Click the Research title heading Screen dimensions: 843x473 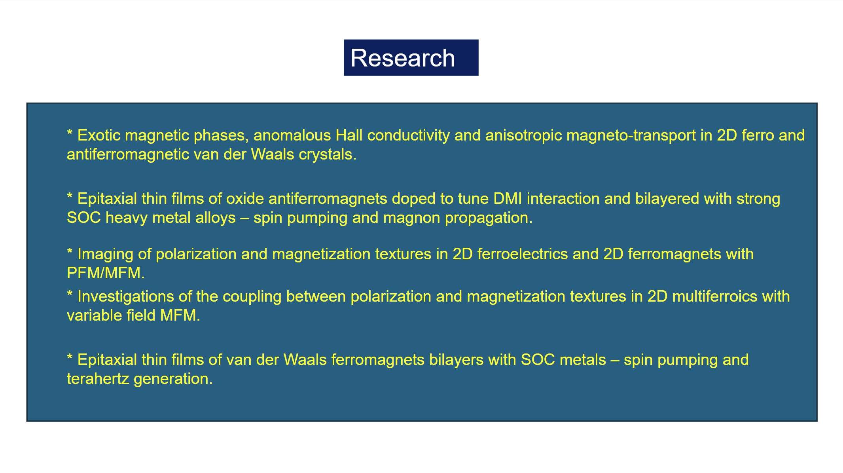pos(403,58)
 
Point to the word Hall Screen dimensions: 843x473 pos(349,135)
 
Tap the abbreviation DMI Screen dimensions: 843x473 pos(508,199)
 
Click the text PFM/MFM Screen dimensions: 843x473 pos(106,273)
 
